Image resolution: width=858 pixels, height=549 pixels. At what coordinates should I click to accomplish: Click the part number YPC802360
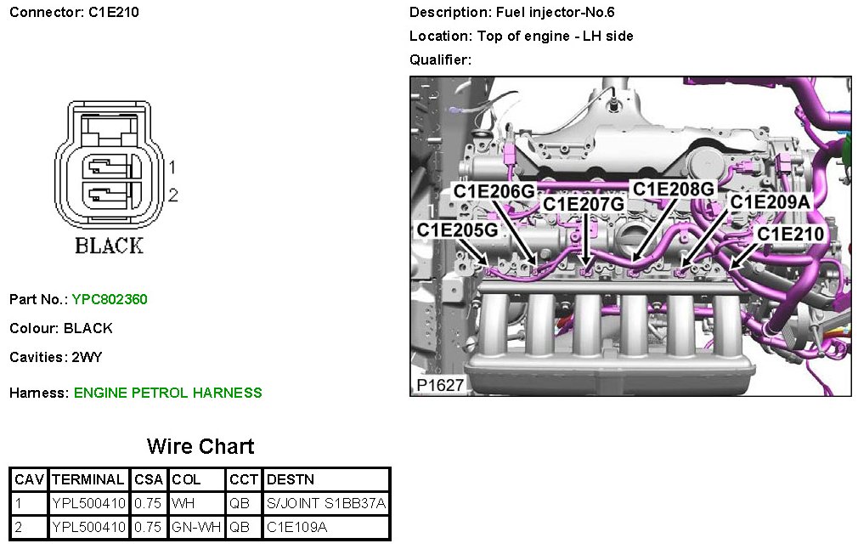[110, 299]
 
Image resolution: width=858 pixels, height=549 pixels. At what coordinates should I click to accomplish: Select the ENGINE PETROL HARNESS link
[168, 393]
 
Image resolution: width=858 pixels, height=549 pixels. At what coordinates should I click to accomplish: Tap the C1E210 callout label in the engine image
[790, 235]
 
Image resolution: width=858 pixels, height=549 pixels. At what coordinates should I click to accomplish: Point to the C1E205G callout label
[457, 230]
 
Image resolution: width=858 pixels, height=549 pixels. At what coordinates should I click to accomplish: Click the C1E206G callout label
[494, 191]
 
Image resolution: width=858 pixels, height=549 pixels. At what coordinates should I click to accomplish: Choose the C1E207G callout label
[584, 204]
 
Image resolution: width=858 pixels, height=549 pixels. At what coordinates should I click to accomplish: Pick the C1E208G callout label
[674, 190]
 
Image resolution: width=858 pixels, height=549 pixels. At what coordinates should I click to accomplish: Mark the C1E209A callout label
[770, 202]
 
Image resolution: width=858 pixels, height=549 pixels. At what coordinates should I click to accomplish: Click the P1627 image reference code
[440, 385]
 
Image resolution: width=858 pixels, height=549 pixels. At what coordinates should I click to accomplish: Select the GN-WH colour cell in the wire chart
[196, 527]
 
